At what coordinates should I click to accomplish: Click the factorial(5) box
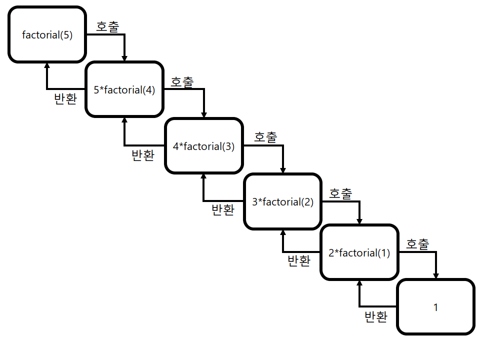tap(47, 35)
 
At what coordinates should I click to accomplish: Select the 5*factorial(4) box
tap(124, 90)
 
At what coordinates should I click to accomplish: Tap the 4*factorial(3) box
tap(203, 146)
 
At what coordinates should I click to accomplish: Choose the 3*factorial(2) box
tap(282, 202)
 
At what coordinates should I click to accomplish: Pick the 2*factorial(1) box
tap(359, 253)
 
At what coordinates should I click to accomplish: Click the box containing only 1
tap(435, 307)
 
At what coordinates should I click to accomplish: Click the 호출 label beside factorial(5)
tap(107, 27)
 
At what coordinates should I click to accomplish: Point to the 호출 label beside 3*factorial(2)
tap(340, 193)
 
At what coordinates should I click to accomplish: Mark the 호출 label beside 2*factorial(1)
tap(417, 244)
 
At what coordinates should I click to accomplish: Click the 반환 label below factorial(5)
tap(65, 98)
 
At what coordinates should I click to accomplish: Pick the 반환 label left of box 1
tap(376, 316)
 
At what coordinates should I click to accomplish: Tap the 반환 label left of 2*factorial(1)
tap(299, 260)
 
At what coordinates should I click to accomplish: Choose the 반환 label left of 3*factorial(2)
tap(223, 210)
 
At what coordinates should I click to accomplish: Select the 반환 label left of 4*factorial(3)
tap(142, 155)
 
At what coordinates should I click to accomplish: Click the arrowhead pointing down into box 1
tap(436, 275)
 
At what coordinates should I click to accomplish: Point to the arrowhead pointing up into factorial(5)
tap(47, 66)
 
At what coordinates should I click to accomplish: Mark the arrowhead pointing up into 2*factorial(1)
tap(359, 283)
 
